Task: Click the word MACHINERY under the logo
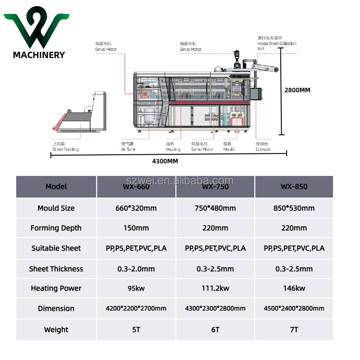click(x=39, y=55)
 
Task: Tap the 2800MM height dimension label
click(x=297, y=90)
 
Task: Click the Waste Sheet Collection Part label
click(x=276, y=43)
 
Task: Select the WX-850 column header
click(x=294, y=186)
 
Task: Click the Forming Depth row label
click(x=56, y=228)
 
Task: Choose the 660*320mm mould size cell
click(x=136, y=208)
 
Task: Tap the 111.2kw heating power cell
click(x=215, y=288)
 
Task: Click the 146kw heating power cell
click(x=294, y=288)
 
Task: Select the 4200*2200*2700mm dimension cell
click(x=136, y=308)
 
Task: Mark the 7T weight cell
click(x=294, y=329)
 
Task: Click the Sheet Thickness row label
click(x=56, y=269)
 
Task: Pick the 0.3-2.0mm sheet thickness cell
click(x=136, y=269)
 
